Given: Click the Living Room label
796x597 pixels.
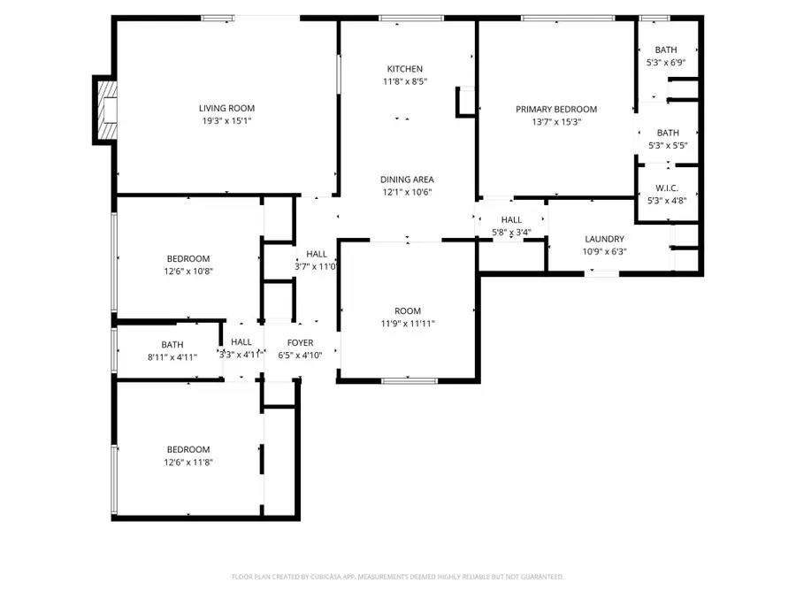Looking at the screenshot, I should click(226, 108).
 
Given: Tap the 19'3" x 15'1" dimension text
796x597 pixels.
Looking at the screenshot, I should click(226, 122).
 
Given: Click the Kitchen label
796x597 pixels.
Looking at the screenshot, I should click(404, 69).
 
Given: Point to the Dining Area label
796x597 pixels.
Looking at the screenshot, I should click(407, 178).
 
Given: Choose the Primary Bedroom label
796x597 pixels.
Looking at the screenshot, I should click(556, 110).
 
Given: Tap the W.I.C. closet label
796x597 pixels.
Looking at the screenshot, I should click(667, 187).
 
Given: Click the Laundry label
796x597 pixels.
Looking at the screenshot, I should click(604, 239).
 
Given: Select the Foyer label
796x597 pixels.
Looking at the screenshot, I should click(301, 341).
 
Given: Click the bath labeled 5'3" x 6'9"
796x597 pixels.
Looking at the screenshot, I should click(667, 50).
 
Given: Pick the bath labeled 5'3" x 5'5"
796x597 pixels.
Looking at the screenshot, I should click(667, 133).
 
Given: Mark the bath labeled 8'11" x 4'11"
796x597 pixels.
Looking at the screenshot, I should click(172, 345).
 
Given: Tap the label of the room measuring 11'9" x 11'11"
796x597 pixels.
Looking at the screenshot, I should click(408, 310).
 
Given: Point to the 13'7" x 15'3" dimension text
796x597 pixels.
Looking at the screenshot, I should click(556, 123).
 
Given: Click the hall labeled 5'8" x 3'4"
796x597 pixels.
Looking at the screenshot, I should click(511, 220).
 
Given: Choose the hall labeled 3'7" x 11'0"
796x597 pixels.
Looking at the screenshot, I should click(316, 254).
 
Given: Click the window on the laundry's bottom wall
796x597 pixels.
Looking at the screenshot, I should click(603, 273).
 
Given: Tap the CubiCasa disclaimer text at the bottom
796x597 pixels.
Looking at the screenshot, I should click(397, 577).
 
